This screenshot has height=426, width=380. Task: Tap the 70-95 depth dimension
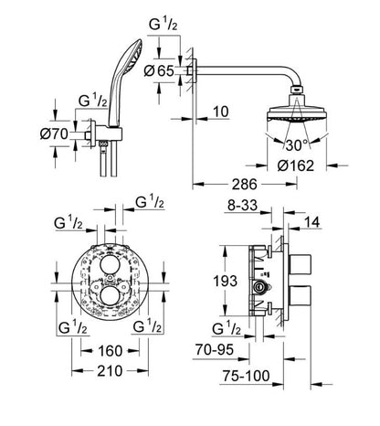pos(241,348)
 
